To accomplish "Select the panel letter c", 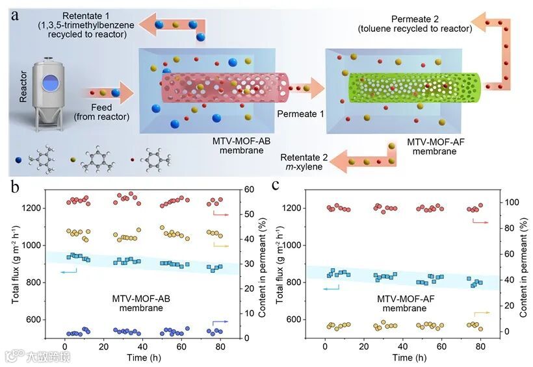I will (276, 185).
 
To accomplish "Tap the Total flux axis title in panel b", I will (12, 263).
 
